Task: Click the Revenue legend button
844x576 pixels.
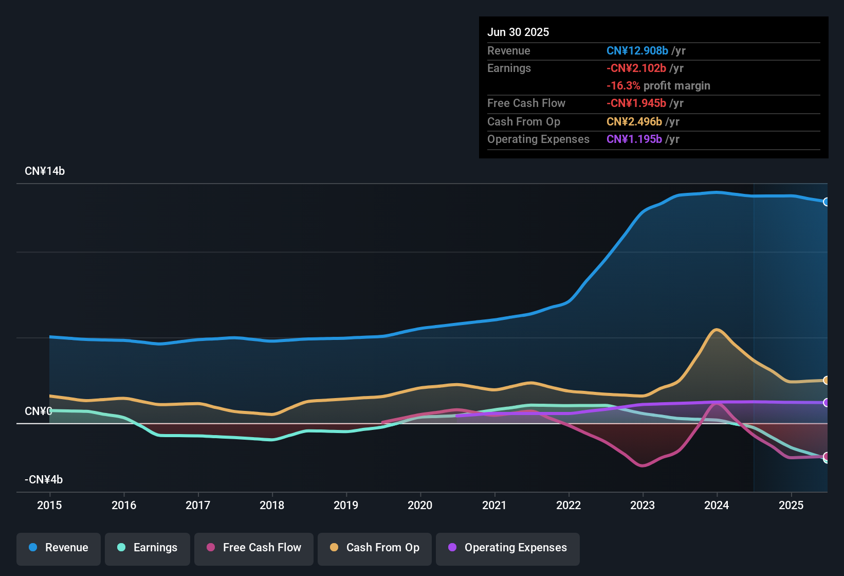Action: point(59,548)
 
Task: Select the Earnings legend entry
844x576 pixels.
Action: point(148,548)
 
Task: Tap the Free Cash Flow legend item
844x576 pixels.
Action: point(254,548)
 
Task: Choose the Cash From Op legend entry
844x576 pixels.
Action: point(375,548)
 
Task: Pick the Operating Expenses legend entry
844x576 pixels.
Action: point(508,548)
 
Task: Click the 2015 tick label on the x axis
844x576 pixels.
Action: point(49,505)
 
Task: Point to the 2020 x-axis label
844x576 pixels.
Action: point(420,505)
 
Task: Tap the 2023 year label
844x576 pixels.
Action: point(643,505)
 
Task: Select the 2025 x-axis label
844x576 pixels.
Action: point(791,505)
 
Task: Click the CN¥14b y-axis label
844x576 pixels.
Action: point(45,171)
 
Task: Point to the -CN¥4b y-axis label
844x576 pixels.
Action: point(44,480)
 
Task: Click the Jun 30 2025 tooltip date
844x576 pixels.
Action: point(518,32)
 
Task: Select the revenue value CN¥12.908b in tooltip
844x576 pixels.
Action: point(637,50)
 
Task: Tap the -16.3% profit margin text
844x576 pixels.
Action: point(658,86)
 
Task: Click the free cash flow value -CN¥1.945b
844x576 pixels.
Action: point(636,103)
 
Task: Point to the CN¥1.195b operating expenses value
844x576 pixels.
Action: point(634,139)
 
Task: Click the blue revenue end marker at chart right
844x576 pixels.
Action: point(826,202)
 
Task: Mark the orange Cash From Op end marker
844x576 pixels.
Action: point(826,381)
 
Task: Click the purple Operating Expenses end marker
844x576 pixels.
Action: point(826,403)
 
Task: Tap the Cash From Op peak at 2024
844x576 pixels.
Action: point(716,330)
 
